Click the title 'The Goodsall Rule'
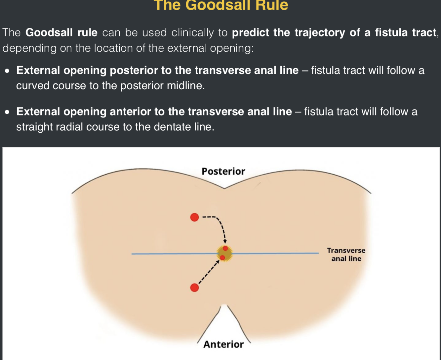click(221, 5)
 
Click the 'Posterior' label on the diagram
click(223, 171)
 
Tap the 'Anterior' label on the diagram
click(223, 344)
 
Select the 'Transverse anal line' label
click(346, 254)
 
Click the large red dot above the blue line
click(195, 217)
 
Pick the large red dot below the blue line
click(195, 288)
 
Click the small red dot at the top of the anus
click(225, 248)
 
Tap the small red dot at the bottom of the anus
click(222, 257)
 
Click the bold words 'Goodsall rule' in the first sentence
click(61, 32)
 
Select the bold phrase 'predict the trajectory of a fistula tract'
click(334, 32)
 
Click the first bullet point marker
click(7, 71)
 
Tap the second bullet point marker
click(7, 112)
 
